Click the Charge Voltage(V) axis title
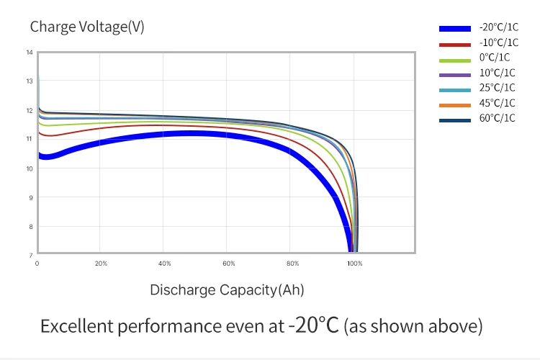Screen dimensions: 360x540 tap(87, 27)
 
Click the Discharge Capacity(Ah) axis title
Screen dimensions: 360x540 tap(227, 290)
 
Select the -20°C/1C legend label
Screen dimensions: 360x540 tap(498, 27)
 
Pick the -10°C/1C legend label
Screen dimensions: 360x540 tap(498, 42)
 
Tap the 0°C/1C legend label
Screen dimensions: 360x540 tap(495, 58)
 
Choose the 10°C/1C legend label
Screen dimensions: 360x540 tap(497, 73)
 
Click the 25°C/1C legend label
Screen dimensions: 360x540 tap(497, 88)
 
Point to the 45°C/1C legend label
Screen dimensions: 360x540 tap(497, 103)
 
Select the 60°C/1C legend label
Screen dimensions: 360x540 tap(497, 118)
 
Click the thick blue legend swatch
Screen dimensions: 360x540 tap(455, 29)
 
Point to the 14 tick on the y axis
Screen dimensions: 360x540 tap(30, 53)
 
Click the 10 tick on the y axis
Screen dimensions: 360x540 tap(30, 168)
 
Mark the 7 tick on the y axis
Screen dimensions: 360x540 tap(30, 255)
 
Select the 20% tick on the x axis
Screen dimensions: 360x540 tap(101, 264)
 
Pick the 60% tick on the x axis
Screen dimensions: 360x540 tap(229, 264)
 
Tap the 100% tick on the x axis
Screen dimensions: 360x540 tap(355, 264)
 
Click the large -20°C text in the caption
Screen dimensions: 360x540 tap(313, 325)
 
